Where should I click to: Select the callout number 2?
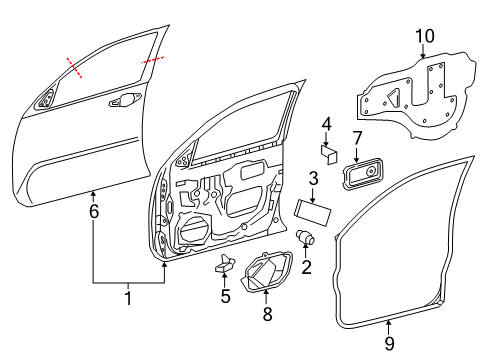307,266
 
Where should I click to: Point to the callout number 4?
326,124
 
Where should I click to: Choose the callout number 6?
93,211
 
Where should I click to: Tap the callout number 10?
425,37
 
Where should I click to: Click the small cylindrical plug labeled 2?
308,239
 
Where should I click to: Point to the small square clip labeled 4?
329,153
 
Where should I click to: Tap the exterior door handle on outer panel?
124,99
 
